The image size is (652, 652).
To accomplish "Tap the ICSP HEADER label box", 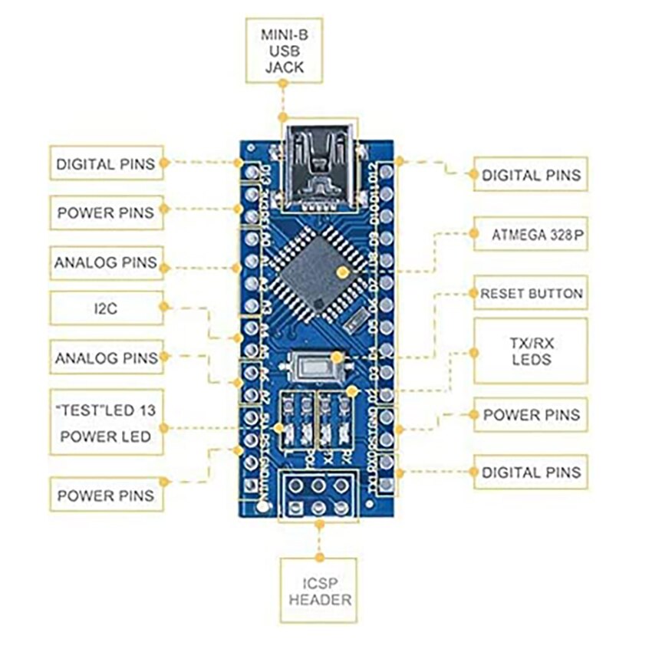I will coord(320,590).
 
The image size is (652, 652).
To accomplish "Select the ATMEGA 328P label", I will coord(531,238).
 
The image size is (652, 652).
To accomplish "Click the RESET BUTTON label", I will coord(531,293).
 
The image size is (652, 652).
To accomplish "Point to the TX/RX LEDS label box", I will coord(531,351).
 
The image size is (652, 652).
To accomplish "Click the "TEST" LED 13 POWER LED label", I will coord(107,423).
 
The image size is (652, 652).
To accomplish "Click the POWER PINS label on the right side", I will coord(531,415).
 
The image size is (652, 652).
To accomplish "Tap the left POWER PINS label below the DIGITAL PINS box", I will coord(107,212).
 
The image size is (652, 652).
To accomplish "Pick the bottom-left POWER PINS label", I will coord(107,496).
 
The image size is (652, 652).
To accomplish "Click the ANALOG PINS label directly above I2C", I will coord(107,262).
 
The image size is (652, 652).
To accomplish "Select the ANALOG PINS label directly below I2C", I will coord(107,357).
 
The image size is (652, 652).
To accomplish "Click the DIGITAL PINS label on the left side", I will coord(107,163).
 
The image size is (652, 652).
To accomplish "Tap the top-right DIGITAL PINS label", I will coord(531,175).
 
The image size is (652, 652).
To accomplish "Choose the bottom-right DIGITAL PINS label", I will coord(531,473).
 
